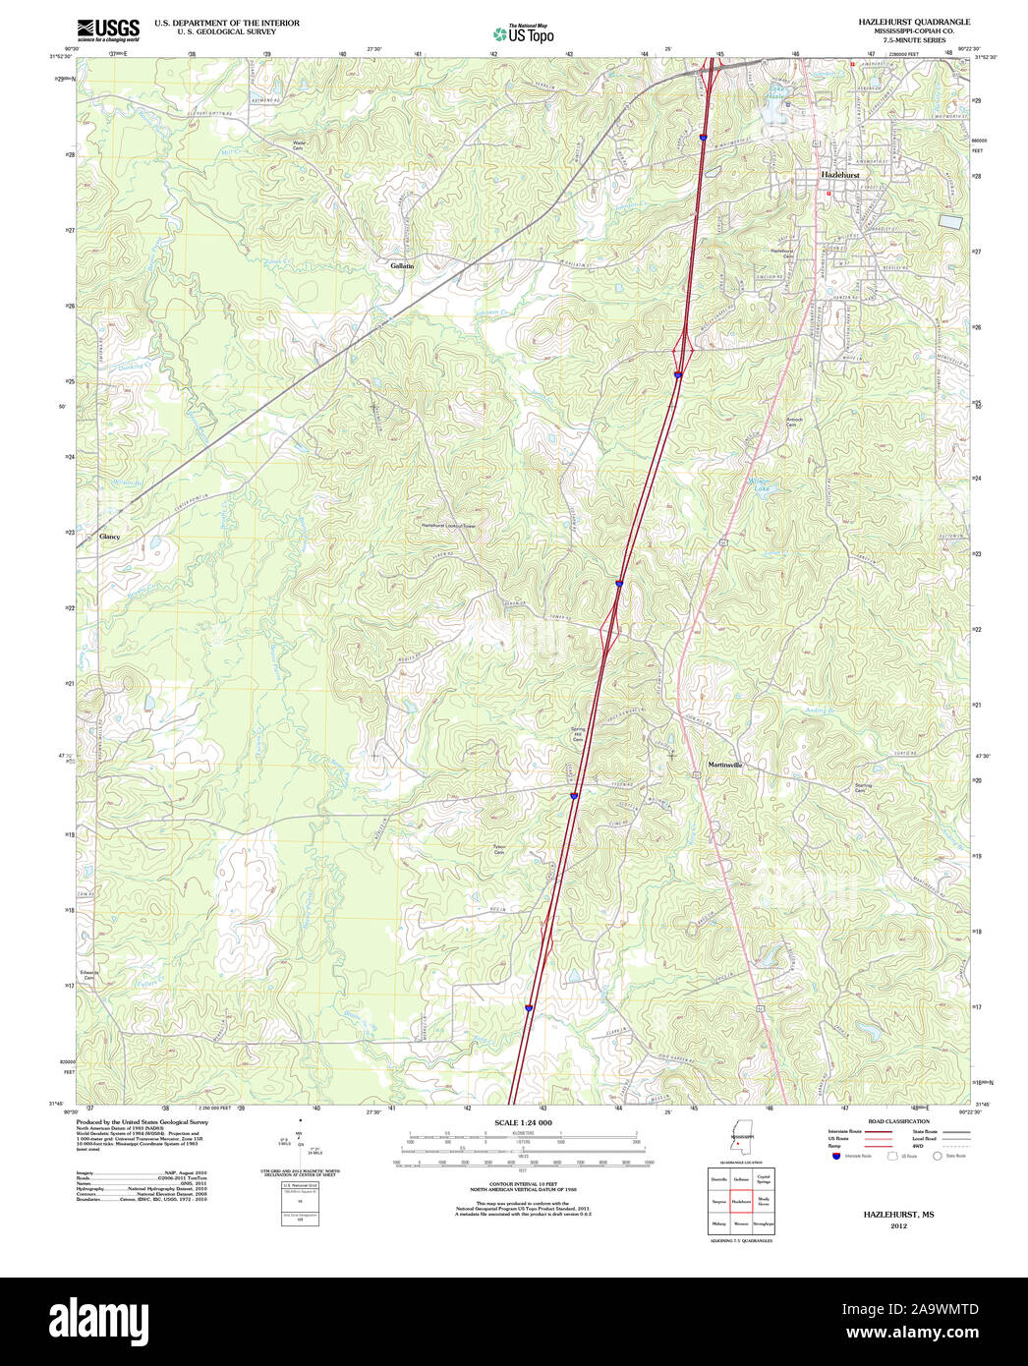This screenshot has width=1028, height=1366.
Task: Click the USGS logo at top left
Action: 107,29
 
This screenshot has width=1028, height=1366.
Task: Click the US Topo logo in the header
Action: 524,34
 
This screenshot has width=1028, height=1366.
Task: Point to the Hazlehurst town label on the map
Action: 839,175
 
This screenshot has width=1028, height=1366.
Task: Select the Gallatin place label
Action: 402,266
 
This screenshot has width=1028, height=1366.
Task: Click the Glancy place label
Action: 109,537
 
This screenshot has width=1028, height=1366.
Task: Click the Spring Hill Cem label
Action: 578,735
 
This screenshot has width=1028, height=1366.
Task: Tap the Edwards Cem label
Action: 89,975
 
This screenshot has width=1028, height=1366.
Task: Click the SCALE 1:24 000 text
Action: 523,1122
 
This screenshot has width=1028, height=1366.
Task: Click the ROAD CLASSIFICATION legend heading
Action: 898,1121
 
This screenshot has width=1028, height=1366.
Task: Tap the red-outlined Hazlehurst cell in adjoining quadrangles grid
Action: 741,1200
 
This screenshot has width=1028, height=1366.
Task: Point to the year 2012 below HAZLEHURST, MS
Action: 898,1226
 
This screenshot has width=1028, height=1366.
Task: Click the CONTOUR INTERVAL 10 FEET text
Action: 523,1184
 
